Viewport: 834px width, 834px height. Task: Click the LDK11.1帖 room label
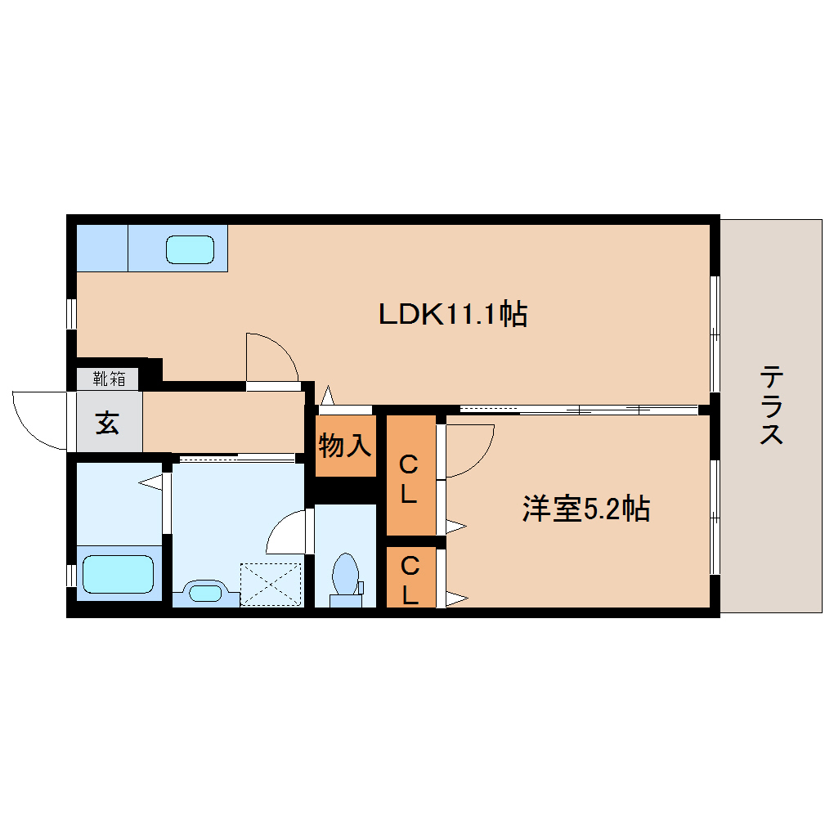coord(452,313)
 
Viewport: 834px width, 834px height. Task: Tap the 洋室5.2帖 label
coord(585,509)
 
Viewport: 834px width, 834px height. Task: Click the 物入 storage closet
coord(345,446)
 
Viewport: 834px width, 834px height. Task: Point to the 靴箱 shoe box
coord(109,378)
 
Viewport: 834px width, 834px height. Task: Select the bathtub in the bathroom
coord(118,574)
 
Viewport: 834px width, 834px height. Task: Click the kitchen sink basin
coord(190,249)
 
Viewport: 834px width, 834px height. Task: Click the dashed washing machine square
coord(271,584)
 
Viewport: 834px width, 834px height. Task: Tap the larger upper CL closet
coord(410,478)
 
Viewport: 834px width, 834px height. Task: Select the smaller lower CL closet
coord(410,579)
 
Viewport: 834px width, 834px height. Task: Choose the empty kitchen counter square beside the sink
coord(101,249)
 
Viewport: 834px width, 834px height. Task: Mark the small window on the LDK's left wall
coord(72,313)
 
